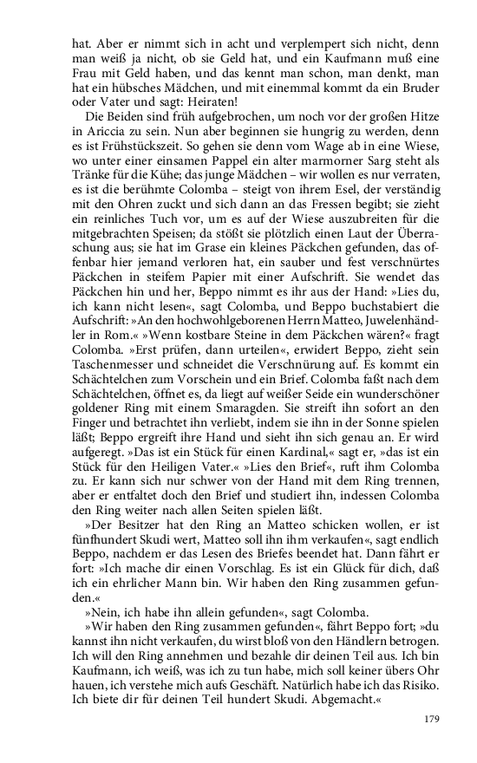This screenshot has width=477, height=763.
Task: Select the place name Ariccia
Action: [96, 130]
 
